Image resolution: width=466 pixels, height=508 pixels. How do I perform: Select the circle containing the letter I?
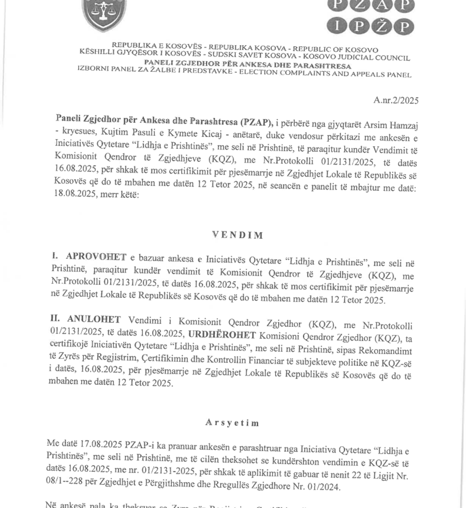pos(336,26)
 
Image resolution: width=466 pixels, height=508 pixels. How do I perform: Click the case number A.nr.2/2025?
pos(396,100)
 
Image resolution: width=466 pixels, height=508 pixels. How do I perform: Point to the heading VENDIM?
pos(231,235)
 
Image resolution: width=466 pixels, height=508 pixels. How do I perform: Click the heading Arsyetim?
pos(226,422)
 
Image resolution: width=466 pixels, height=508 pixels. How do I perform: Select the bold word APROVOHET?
pos(96,257)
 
